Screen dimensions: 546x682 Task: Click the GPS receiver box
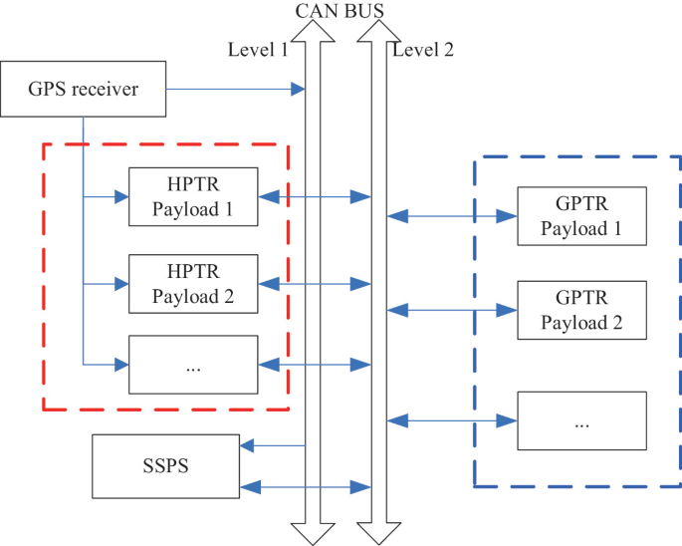[x=84, y=91]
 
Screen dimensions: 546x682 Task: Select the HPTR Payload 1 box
[x=193, y=196]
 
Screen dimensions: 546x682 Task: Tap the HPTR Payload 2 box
[x=193, y=283]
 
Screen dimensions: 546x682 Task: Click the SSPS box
[x=165, y=465]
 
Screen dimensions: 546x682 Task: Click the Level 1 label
[x=257, y=50]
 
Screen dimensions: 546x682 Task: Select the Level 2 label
[x=423, y=50]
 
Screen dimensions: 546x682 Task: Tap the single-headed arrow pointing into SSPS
[x=273, y=446]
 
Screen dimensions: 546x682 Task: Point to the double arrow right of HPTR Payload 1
[x=315, y=197]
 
